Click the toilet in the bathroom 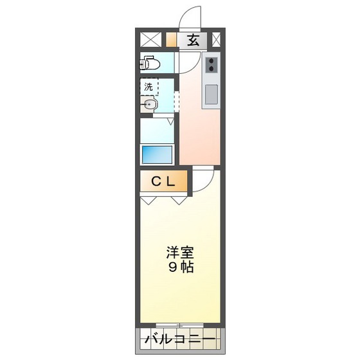click(151, 63)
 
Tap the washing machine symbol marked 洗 click(149, 86)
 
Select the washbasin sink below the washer click(149, 105)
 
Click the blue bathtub click(157, 154)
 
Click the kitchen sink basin click(211, 94)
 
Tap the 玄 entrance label click(193, 40)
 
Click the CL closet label click(163, 182)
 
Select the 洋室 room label click(180, 253)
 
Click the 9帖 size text click(181, 267)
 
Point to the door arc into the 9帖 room click(201, 179)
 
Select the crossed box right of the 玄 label click(216, 39)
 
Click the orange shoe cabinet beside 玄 click(171, 39)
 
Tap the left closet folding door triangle click(148, 200)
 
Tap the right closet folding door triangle click(179, 200)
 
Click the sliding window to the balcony click(181, 325)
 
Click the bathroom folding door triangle click(172, 120)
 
